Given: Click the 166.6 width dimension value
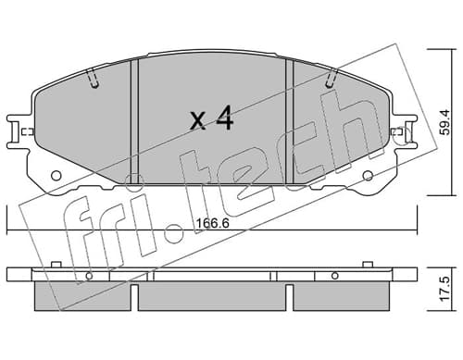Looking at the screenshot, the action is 213,223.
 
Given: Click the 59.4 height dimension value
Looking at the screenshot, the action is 444,122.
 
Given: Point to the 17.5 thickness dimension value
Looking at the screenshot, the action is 444,290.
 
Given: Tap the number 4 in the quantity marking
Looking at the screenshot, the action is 224,118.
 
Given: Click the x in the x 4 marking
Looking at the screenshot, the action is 197,121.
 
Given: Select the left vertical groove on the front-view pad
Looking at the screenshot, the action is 134,121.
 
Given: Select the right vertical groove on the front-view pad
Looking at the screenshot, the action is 289,121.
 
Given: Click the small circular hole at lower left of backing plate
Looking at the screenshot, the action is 56,176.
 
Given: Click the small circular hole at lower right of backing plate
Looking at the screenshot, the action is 368,176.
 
